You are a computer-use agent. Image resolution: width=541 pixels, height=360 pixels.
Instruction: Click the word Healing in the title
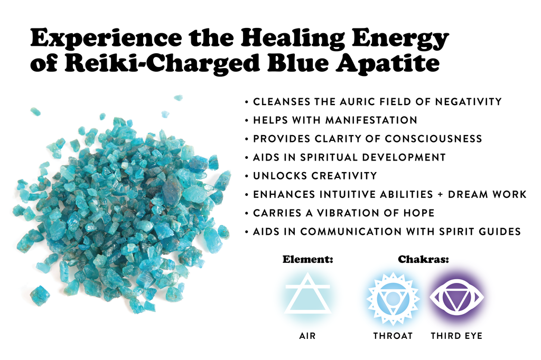[x=292, y=39]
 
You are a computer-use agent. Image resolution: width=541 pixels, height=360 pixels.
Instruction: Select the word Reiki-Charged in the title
[x=162, y=64]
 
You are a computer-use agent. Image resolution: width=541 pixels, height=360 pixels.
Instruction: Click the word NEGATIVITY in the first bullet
[x=468, y=102]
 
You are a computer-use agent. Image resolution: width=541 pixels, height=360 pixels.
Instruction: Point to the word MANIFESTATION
[x=371, y=120]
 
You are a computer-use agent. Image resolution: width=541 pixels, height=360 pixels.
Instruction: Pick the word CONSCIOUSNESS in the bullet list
[x=433, y=139]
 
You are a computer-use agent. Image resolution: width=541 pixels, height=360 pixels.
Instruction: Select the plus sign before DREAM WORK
[x=440, y=194]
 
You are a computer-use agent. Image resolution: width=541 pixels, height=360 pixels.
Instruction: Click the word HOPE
[x=419, y=213]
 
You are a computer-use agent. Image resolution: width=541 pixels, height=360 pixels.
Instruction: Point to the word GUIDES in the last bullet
[x=500, y=231]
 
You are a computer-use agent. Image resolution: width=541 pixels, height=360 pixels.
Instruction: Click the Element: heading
[x=308, y=259]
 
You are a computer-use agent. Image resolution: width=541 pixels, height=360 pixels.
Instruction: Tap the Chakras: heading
[x=423, y=259]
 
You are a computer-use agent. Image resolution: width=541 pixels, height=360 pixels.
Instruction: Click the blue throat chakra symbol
[x=393, y=299]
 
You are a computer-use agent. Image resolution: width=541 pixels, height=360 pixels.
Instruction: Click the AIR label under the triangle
[x=307, y=336]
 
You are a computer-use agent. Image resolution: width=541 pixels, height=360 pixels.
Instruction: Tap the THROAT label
[x=393, y=336]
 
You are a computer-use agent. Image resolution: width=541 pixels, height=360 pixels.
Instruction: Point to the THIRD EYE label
[x=456, y=336]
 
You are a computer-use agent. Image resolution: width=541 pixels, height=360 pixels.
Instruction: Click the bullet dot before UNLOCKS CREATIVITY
[x=246, y=176]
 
